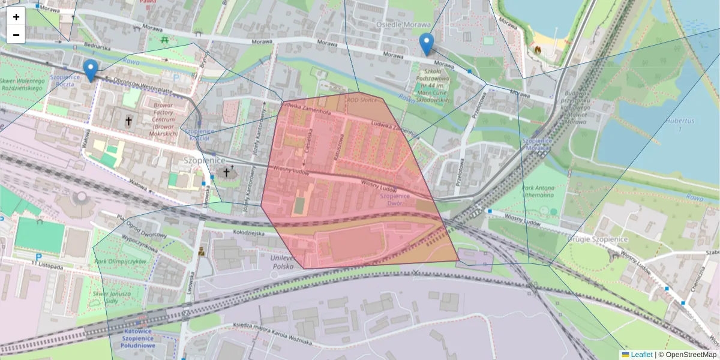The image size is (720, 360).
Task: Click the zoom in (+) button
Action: (16, 17)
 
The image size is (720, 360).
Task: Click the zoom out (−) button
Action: (16, 35)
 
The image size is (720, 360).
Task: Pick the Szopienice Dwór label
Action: (395, 200)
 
